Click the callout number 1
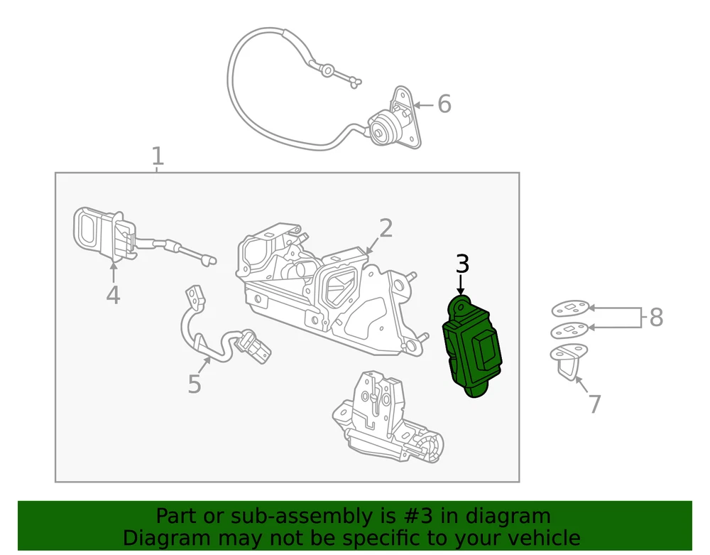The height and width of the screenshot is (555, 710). point(157,156)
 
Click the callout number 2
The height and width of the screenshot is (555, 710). point(386,228)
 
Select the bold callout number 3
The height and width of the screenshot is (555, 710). point(462,264)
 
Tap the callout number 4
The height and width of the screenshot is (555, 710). point(113,295)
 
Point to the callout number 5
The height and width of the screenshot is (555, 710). point(195,384)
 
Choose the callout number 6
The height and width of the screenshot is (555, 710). point(444,104)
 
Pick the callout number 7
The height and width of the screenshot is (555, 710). point(594,404)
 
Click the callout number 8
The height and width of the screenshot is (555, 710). point(656,317)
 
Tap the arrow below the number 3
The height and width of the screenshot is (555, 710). point(461,286)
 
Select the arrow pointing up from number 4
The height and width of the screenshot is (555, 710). point(113,272)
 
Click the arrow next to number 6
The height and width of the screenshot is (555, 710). point(424,105)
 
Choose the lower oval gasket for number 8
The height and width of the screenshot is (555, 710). point(569,330)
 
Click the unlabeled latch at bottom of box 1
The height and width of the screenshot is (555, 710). point(388,417)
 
